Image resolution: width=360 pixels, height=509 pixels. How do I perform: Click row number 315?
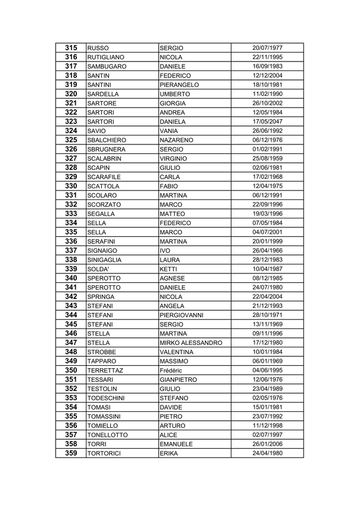coord(71,47)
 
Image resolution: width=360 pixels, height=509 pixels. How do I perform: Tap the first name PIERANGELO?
coord(179,85)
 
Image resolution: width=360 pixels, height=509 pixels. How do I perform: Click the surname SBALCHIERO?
coord(107,140)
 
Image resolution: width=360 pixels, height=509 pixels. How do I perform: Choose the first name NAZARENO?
coord(177,140)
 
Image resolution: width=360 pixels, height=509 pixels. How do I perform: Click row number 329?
coord(71,177)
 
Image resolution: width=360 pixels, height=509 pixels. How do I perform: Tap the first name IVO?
coord(165,250)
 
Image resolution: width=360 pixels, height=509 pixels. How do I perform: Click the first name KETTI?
coord(169,269)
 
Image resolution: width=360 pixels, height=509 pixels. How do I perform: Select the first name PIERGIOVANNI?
coord(182,315)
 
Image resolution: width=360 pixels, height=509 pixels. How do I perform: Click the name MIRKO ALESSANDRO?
coord(191,343)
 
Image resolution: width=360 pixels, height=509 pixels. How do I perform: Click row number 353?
coord(71,398)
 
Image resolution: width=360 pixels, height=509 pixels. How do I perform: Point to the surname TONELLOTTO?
coord(107,434)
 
